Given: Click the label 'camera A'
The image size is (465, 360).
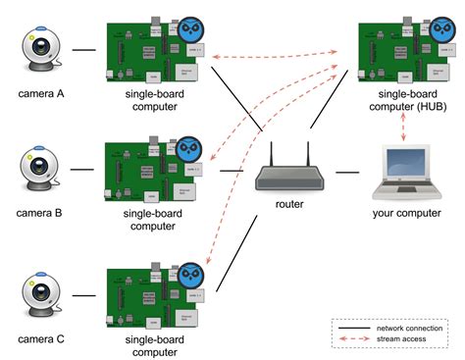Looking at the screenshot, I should click(42, 95).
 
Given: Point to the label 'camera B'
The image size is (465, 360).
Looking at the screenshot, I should click(42, 211).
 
